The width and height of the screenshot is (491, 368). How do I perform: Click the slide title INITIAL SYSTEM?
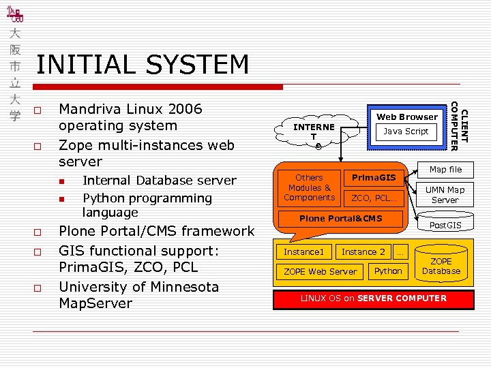point(143,65)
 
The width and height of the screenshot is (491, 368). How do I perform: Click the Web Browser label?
point(407,117)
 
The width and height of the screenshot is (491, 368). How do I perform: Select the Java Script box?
point(406,132)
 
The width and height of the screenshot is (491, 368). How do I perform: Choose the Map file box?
point(445,170)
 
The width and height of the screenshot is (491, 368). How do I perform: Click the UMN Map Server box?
point(445,195)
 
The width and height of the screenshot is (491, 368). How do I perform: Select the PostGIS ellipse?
point(445,225)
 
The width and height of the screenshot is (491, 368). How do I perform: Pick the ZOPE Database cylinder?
point(441,266)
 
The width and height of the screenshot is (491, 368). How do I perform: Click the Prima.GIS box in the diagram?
point(373,178)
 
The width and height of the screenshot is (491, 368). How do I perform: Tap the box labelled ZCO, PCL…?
point(373,198)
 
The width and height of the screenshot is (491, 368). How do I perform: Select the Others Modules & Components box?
point(309,187)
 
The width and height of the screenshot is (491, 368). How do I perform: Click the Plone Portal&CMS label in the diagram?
point(341,219)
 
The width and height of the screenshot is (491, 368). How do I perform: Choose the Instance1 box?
point(303,251)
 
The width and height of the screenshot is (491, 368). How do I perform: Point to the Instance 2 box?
point(363,251)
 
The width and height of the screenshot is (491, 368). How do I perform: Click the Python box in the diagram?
point(388,271)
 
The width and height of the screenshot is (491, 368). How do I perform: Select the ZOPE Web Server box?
point(320,271)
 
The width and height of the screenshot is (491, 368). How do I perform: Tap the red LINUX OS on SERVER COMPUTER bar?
point(374,298)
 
